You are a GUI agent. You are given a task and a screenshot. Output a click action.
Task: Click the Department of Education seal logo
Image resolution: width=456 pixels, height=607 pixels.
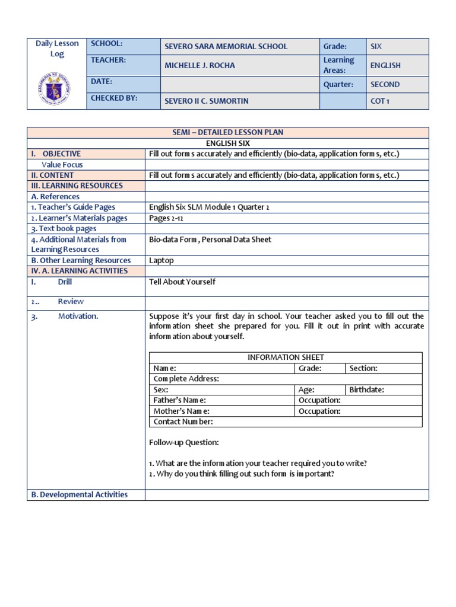pyautogui.click(x=56, y=88)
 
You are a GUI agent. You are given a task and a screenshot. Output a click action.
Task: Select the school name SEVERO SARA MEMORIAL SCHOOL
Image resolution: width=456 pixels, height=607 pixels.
pyautogui.click(x=226, y=46)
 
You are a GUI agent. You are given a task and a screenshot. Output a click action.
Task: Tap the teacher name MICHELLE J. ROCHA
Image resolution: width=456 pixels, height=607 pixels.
pyautogui.click(x=199, y=65)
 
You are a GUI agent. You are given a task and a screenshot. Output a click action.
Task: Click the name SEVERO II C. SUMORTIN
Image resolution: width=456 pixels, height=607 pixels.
pyautogui.click(x=206, y=101)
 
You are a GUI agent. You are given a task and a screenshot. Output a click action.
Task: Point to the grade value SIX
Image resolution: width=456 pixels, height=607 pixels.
pyautogui.click(x=376, y=46)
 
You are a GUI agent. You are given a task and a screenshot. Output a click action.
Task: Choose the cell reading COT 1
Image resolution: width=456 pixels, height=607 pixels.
pyautogui.click(x=380, y=101)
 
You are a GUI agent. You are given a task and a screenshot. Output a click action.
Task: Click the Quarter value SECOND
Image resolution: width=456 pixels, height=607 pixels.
pyautogui.click(x=385, y=84)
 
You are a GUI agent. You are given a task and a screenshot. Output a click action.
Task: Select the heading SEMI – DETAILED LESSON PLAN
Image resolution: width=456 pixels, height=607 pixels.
pyautogui.click(x=227, y=132)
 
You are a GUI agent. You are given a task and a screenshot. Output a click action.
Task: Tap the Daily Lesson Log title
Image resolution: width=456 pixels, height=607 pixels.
pyautogui.click(x=57, y=49)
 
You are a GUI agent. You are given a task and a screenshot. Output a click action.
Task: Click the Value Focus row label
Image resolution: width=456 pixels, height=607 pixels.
pyautogui.click(x=62, y=164)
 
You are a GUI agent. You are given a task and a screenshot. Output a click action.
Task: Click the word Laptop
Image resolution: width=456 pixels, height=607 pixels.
pyautogui.click(x=161, y=260)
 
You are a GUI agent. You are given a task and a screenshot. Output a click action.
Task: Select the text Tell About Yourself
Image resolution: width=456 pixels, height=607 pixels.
pyautogui.click(x=182, y=282)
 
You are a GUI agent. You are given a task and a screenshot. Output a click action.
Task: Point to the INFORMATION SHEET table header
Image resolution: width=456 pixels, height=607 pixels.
pyautogui.click(x=286, y=357)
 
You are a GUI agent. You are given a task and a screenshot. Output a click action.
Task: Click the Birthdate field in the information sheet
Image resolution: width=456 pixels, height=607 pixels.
pyautogui.click(x=366, y=389)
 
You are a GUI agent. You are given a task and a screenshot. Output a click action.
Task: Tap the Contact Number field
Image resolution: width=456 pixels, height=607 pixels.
pyautogui.click(x=183, y=421)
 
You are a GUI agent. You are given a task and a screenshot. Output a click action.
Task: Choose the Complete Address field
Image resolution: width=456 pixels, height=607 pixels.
pyautogui.click(x=186, y=378)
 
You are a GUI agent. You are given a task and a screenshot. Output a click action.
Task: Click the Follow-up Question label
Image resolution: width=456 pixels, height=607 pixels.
pyautogui.click(x=184, y=442)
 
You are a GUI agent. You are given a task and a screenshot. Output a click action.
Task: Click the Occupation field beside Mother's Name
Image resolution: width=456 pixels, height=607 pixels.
pyautogui.click(x=319, y=411)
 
